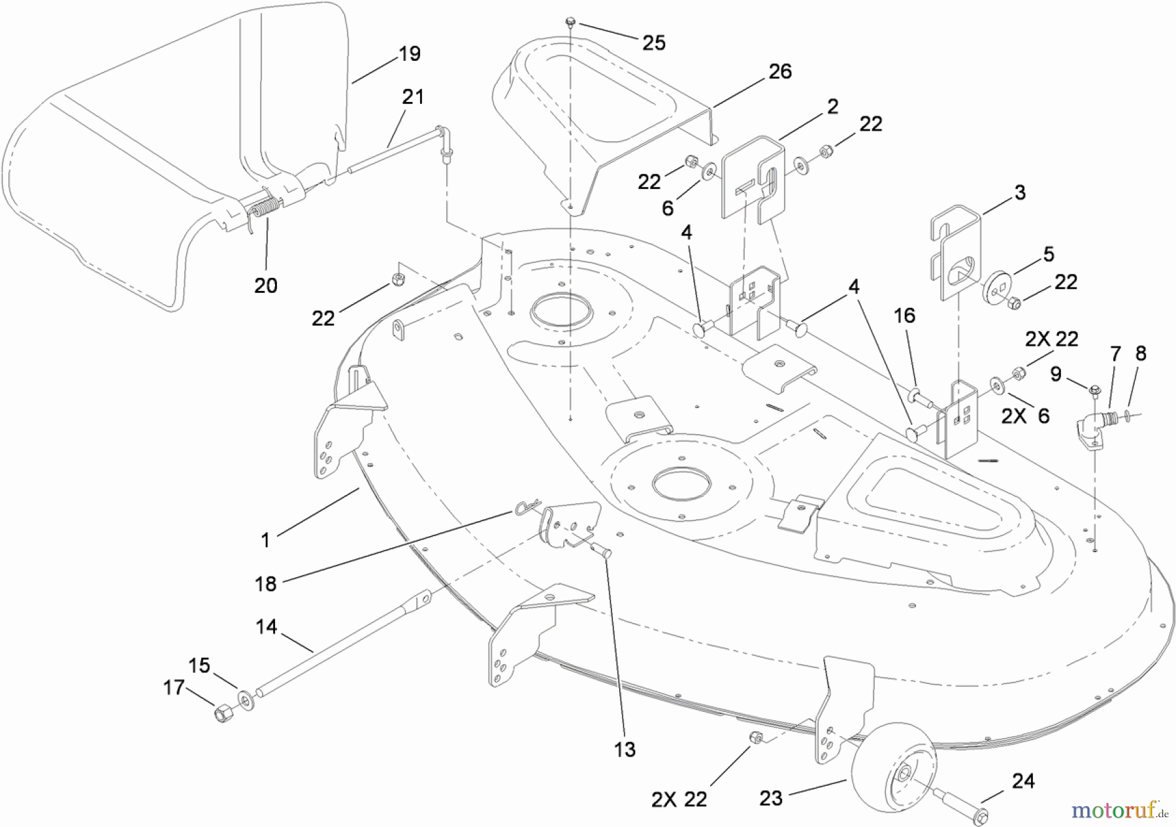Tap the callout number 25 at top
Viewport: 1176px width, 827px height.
click(653, 43)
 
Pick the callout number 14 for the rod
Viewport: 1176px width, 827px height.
click(266, 627)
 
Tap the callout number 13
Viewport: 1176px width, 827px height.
click(625, 749)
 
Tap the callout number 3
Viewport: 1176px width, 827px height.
click(1020, 193)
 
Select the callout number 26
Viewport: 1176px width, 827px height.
click(780, 71)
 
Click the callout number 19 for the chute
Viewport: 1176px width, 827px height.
click(410, 54)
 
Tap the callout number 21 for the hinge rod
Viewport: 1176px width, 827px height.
click(412, 97)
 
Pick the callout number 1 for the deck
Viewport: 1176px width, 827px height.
click(265, 540)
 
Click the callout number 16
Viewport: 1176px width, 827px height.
click(904, 316)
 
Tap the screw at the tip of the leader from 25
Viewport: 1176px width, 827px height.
click(570, 23)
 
